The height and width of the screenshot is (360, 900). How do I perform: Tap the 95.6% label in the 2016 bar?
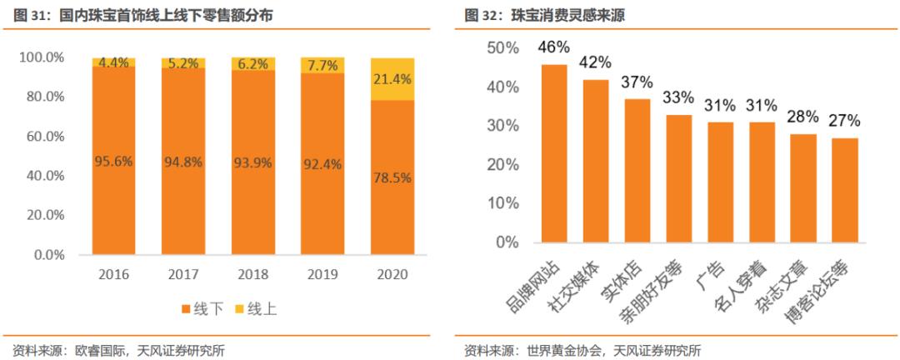(x=113, y=162)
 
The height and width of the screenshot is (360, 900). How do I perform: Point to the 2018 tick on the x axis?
(x=252, y=274)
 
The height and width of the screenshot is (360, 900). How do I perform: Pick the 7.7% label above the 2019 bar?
(x=321, y=64)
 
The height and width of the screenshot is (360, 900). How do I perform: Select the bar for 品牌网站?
(x=555, y=153)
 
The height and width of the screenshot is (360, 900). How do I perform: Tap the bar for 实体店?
(x=637, y=171)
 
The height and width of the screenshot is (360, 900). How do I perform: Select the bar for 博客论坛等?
(x=844, y=190)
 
